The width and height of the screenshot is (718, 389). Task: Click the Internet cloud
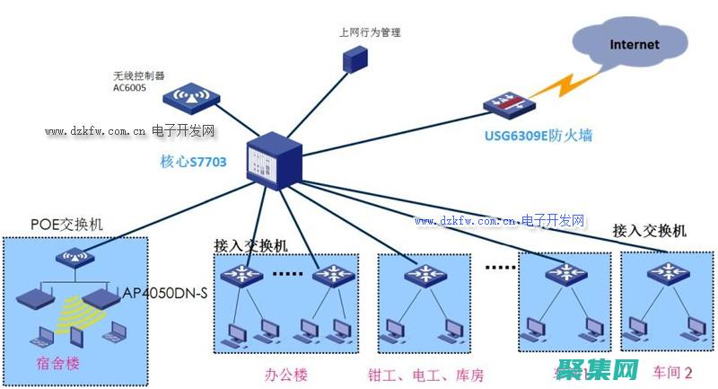click(x=634, y=45)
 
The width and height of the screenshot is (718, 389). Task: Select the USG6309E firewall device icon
click(x=508, y=105)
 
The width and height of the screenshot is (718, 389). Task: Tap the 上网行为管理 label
click(x=369, y=32)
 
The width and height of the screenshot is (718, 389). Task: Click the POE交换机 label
click(x=66, y=225)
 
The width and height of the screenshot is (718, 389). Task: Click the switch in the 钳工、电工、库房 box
click(x=420, y=273)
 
